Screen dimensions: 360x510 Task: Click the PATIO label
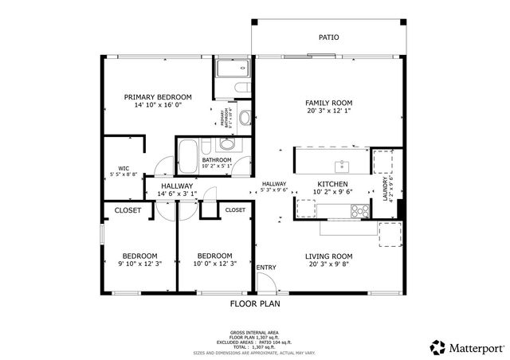click(328, 37)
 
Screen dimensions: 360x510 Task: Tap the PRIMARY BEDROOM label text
click(158, 96)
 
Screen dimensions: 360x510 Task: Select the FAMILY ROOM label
click(328, 103)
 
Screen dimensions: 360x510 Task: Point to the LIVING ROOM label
click(328, 256)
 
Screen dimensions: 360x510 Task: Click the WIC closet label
click(124, 168)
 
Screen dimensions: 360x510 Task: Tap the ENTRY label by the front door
click(267, 267)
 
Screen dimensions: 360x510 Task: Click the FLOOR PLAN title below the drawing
click(255, 303)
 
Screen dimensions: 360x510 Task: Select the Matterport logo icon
click(437, 347)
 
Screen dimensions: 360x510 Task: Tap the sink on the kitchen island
click(342, 166)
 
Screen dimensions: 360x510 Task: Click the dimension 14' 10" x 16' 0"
click(158, 105)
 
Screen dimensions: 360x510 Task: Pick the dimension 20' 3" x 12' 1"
click(328, 112)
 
